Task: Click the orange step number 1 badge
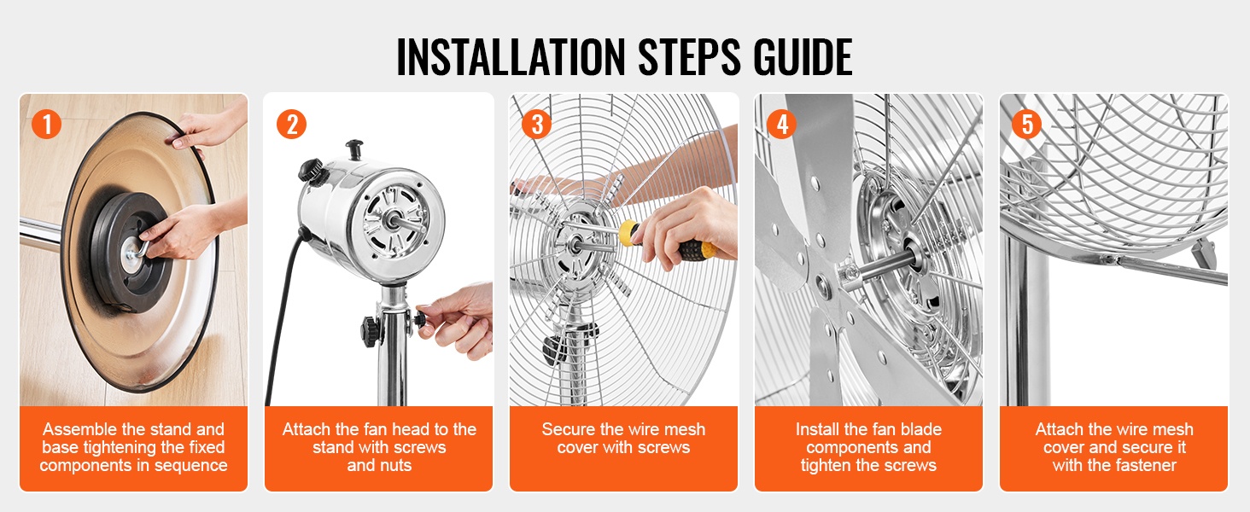(x=46, y=124)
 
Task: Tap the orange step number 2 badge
(x=291, y=124)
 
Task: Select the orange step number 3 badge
(x=536, y=124)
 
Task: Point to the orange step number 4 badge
(x=782, y=124)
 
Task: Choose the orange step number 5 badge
(x=1027, y=124)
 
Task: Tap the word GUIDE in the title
(x=803, y=57)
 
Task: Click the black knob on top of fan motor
(x=353, y=149)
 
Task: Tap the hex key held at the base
(x=138, y=250)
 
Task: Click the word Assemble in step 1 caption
(x=79, y=429)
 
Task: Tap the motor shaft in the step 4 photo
(x=887, y=263)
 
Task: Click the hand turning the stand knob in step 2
(x=455, y=321)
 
